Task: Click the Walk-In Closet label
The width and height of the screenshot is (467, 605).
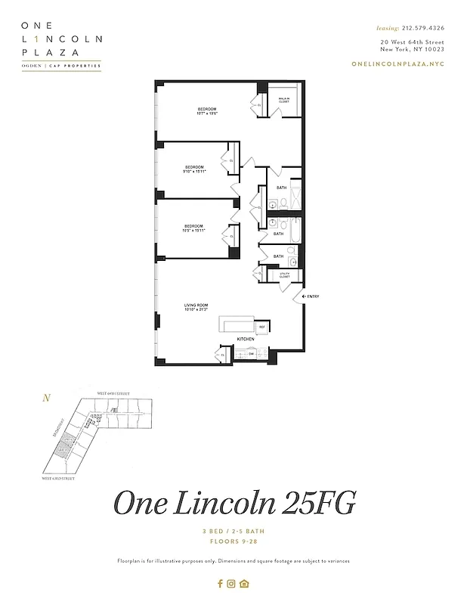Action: click(284, 99)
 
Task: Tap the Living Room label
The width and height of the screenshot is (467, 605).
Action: click(195, 306)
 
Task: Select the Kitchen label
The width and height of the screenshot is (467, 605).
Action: click(246, 340)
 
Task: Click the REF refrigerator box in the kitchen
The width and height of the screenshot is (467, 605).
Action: click(262, 327)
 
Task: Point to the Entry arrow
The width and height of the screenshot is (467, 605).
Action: click(310, 296)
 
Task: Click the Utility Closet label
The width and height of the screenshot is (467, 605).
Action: click(284, 276)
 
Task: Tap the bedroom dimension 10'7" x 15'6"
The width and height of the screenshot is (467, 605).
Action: click(207, 113)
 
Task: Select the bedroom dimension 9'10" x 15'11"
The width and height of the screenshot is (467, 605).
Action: click(194, 172)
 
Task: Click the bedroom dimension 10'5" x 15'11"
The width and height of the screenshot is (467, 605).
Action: click(194, 231)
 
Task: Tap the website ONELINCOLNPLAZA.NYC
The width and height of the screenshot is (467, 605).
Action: click(398, 64)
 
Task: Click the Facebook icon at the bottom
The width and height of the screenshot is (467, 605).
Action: click(220, 583)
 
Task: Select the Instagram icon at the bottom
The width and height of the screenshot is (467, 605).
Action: click(232, 583)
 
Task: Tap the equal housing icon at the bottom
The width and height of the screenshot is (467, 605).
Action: click(244, 583)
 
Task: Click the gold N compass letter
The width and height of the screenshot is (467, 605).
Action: click(47, 398)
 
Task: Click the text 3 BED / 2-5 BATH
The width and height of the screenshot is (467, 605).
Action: click(233, 532)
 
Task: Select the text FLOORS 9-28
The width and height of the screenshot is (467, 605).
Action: click(233, 541)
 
